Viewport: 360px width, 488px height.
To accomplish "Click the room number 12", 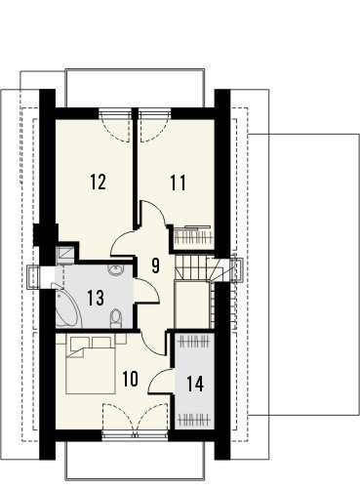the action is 98,182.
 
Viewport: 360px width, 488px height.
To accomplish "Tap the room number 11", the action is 179,183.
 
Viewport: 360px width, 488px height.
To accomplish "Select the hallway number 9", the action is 155,265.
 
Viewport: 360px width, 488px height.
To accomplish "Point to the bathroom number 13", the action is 96,298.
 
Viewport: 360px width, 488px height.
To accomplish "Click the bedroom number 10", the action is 131,379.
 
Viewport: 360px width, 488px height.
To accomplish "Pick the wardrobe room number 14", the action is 195,384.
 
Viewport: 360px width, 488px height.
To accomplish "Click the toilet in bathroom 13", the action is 115,318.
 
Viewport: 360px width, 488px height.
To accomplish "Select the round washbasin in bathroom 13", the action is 115,270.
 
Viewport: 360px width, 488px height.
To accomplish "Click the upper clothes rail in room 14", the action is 194,342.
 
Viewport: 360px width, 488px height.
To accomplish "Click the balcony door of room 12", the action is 116,126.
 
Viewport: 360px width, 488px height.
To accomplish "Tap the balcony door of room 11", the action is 154,126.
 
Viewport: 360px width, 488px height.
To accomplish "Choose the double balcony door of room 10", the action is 135,420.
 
